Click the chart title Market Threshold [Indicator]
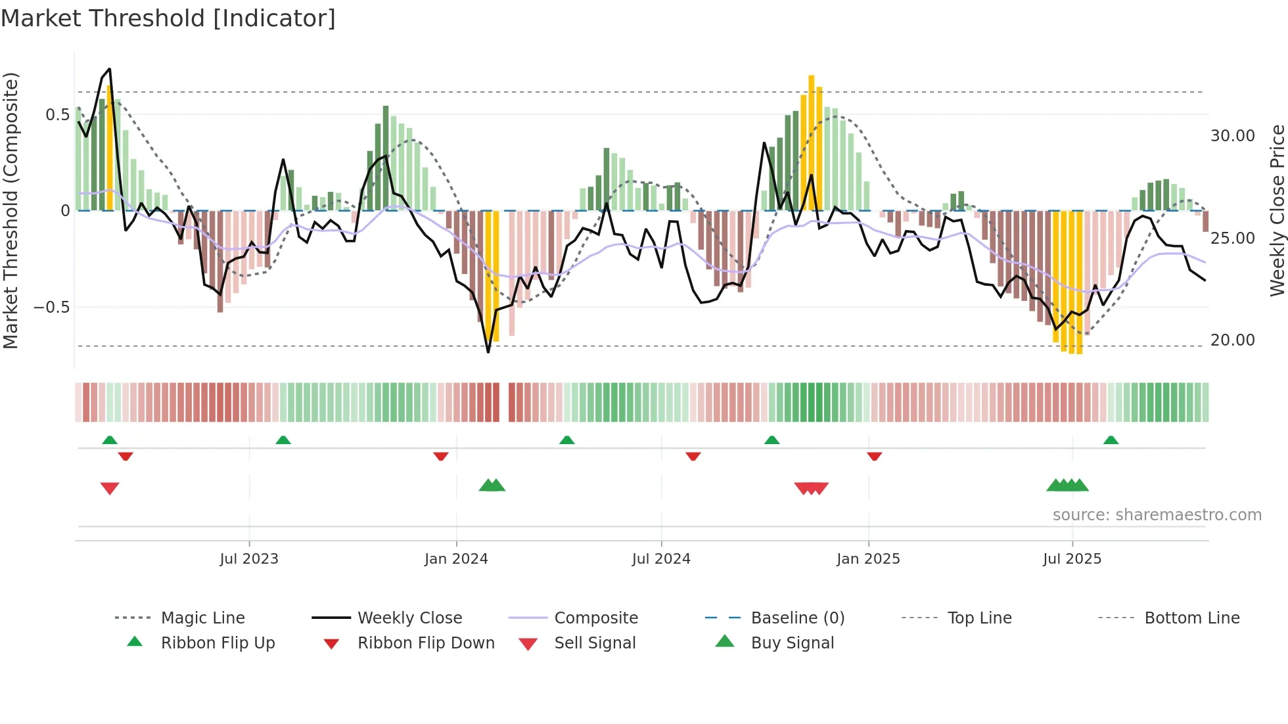[168, 18]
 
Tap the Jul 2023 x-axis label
[249, 559]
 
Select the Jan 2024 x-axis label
[456, 559]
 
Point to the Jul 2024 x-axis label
[661, 559]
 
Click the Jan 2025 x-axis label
[868, 559]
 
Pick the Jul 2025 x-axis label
[1072, 559]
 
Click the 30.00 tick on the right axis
[1232, 136]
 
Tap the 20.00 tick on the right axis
[1232, 340]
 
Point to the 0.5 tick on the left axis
[57, 115]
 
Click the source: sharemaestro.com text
[1157, 515]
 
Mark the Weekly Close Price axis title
[1277, 210]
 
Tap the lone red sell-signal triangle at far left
[110, 488]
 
